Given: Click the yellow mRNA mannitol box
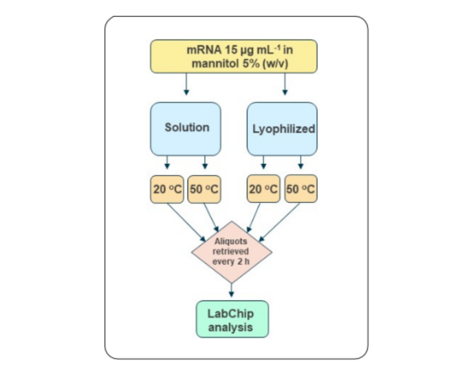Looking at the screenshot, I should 234,56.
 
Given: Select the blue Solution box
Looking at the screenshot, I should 186,129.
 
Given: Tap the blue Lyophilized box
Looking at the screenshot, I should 282,129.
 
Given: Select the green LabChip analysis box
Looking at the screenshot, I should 231,320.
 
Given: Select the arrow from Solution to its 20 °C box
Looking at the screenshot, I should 167,164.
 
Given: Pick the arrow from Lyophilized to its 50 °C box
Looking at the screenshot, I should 300,164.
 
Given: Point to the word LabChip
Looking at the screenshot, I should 231,313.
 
